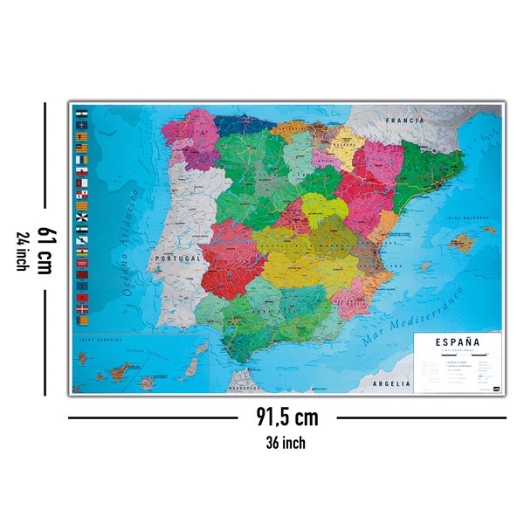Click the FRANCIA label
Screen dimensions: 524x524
[x=407, y=119]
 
